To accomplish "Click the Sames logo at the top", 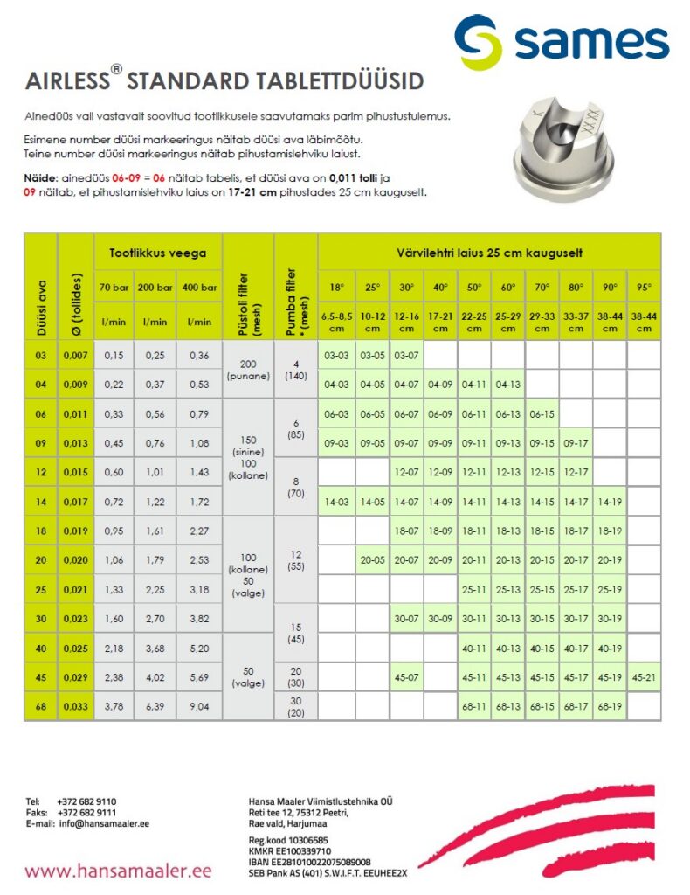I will [x=562, y=42].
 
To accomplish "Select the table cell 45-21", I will [x=644, y=677].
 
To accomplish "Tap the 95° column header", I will [x=644, y=287].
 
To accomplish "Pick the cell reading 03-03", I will [x=336, y=355].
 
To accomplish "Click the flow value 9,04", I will [x=200, y=706].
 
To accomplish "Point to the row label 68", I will [x=40, y=706].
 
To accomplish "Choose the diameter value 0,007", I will [x=75, y=355].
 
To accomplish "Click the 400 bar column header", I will [x=200, y=287].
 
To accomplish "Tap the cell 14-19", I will [x=610, y=502].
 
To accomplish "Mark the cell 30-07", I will [x=405, y=619].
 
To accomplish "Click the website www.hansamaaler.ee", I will [x=119, y=871].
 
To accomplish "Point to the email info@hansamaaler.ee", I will [x=104, y=823].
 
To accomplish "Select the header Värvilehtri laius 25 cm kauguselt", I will [x=490, y=253].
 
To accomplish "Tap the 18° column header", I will [x=336, y=287].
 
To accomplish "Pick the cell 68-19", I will [x=610, y=706].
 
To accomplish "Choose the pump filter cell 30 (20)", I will [x=295, y=706].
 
